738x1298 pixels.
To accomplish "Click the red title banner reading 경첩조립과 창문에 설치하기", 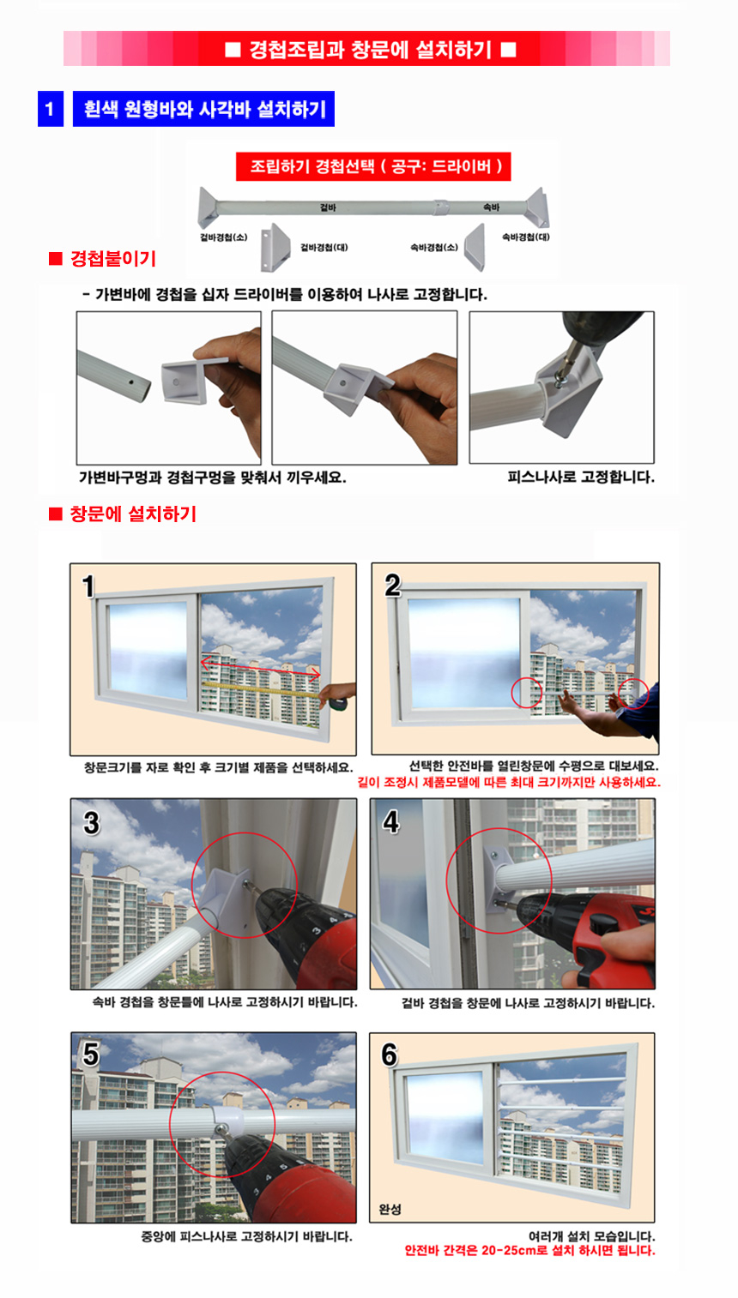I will [370, 49].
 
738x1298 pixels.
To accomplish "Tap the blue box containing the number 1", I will [50, 110].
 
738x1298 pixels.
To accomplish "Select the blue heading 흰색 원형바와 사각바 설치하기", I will [203, 110].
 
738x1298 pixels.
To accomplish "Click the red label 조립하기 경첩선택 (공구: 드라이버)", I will [374, 166].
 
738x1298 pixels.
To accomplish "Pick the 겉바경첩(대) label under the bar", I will [324, 248].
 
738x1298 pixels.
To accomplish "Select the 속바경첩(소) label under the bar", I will [433, 248].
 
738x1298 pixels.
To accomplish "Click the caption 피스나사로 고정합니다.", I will [580, 478].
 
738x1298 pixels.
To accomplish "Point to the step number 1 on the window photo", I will [88, 587].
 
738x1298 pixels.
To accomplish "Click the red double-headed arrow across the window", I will [261, 667].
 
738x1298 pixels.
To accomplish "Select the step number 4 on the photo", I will [391, 822].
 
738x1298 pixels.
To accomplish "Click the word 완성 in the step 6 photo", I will [390, 1209].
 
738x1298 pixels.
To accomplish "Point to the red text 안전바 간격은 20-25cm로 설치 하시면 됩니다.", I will [529, 1251].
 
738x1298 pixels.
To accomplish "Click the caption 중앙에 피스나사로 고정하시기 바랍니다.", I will [246, 1236].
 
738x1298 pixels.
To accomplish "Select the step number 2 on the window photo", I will [392, 586].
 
